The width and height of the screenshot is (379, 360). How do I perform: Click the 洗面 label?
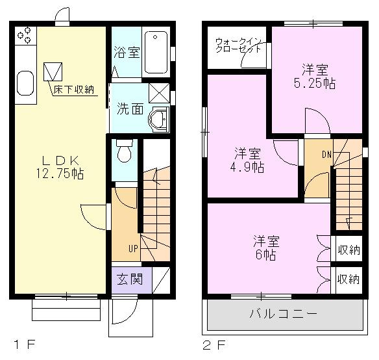pyautogui.click(x=130, y=109)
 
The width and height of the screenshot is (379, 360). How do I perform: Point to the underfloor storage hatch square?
pyautogui.click(x=53, y=71)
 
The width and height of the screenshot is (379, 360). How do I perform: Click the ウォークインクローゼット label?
pyautogui.click(x=239, y=45)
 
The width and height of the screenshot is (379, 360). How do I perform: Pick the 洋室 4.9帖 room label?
pyautogui.click(x=249, y=160)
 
